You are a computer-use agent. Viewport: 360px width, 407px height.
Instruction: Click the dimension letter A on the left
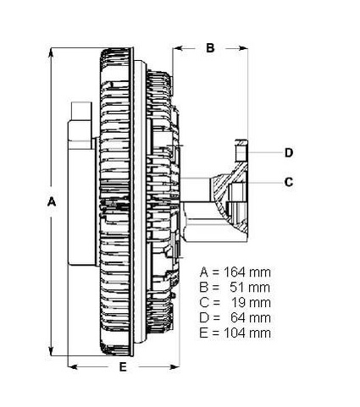[51, 203]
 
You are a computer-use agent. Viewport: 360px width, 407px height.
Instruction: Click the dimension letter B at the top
[211, 48]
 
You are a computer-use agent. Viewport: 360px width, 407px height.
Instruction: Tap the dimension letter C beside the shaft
[288, 181]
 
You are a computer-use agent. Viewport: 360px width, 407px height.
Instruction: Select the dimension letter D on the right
[288, 153]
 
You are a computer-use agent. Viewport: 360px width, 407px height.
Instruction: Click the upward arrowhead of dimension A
[57, 52]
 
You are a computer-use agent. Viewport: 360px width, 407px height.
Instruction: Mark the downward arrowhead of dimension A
[57, 355]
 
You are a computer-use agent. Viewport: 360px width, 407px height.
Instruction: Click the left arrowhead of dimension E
[70, 366]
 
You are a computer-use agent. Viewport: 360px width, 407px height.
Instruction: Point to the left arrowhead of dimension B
[176, 48]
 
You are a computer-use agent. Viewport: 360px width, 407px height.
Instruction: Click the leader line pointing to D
[263, 153]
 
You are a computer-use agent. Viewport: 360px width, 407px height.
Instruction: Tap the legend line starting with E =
[235, 333]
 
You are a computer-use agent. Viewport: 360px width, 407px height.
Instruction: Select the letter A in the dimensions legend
[204, 272]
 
